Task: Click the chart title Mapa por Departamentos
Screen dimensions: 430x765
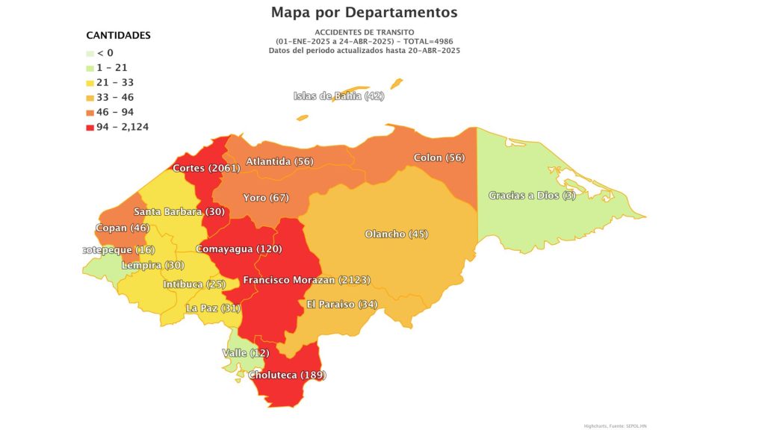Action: pyautogui.click(x=364, y=13)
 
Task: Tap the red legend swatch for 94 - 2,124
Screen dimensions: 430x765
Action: pyautogui.click(x=90, y=127)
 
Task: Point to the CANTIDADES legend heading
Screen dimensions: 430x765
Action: pyautogui.click(x=118, y=35)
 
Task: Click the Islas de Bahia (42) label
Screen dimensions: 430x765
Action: pyautogui.click(x=338, y=96)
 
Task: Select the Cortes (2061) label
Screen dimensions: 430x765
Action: pyautogui.click(x=205, y=168)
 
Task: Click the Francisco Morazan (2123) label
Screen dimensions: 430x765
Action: pyautogui.click(x=307, y=280)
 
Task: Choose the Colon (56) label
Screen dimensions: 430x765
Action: pyautogui.click(x=439, y=158)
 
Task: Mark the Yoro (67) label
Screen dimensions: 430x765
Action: pyautogui.click(x=266, y=198)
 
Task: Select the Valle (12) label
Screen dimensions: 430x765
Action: pyautogui.click(x=245, y=352)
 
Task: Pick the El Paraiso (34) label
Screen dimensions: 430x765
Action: pyautogui.click(x=342, y=304)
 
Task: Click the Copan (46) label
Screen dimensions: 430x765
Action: pyautogui.click(x=123, y=228)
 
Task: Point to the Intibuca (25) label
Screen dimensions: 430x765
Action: pyautogui.click(x=193, y=284)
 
